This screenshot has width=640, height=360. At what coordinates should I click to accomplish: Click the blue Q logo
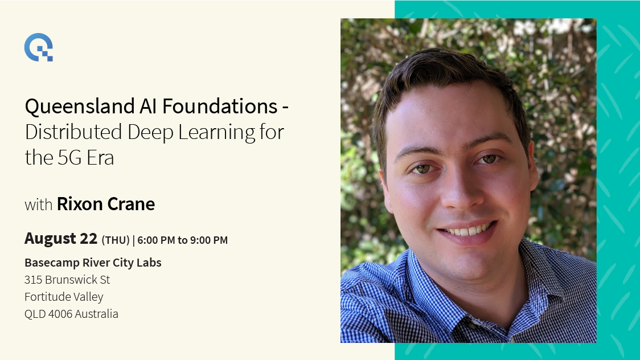39,47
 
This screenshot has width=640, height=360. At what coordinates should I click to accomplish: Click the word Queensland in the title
80,107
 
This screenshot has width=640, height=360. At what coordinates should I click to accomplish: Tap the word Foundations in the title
220,107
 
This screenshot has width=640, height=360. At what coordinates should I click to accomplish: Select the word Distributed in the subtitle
73,132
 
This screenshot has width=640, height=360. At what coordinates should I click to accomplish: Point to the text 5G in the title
69,158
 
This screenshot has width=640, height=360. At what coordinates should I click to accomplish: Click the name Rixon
79,204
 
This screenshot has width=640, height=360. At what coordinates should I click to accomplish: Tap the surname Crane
130,204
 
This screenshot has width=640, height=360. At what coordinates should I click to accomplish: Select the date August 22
61,238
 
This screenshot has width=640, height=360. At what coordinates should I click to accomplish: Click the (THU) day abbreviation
116,240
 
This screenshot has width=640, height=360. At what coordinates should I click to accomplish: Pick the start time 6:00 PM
156,240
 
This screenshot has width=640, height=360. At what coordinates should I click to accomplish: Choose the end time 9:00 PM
209,240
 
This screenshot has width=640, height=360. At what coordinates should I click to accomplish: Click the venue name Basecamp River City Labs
93,263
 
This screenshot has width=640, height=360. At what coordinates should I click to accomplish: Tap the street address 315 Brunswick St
67,280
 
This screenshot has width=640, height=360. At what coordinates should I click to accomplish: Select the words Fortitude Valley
64,297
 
